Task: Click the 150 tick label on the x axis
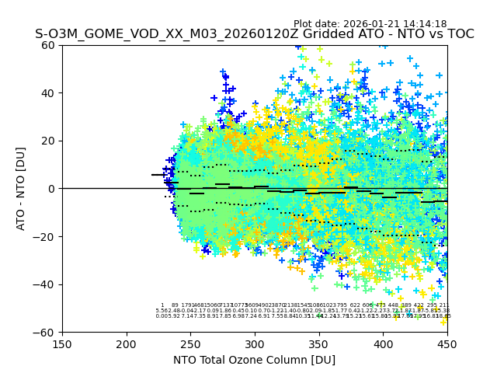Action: point(62,344)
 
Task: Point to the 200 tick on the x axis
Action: point(127,344)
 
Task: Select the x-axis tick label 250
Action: point(190,344)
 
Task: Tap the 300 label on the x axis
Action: point(255,344)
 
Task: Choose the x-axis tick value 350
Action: point(319,344)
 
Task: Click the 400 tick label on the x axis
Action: point(383,344)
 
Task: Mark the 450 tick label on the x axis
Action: point(447,344)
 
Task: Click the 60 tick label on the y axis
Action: point(49,45)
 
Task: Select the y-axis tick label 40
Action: point(49,93)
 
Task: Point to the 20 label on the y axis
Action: point(49,141)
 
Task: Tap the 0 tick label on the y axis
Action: point(52,189)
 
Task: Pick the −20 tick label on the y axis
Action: point(46,236)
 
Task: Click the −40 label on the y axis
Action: point(46,284)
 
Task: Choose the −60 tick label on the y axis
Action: point(46,332)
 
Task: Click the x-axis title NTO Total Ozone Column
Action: point(254,360)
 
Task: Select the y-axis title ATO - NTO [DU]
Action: point(21,189)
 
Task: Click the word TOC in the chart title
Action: point(459,34)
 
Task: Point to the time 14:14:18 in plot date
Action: point(425,24)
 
